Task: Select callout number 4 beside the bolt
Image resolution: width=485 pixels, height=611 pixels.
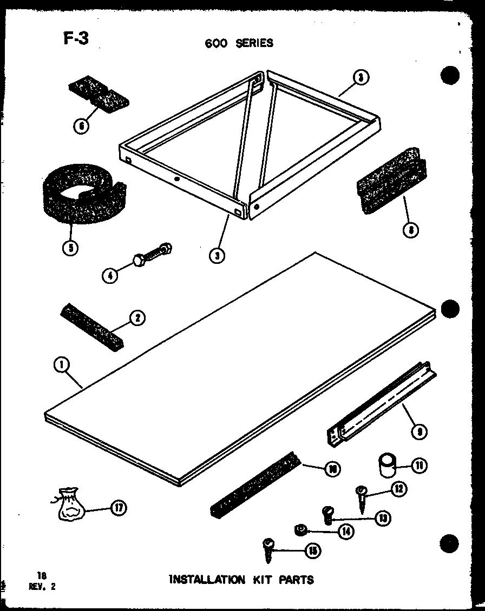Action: point(110,275)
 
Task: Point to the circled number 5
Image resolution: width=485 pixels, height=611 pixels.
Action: point(70,248)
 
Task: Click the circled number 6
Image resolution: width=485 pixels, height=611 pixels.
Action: point(81,127)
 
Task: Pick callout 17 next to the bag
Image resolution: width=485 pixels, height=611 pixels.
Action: point(119,508)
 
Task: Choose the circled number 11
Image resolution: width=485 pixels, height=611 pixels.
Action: point(418,465)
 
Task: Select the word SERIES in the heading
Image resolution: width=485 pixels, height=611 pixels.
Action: point(254,43)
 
